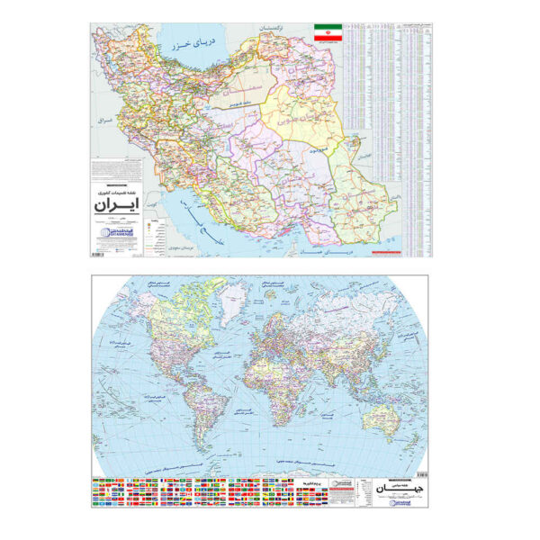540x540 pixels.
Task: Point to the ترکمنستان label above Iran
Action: pos(275,31)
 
